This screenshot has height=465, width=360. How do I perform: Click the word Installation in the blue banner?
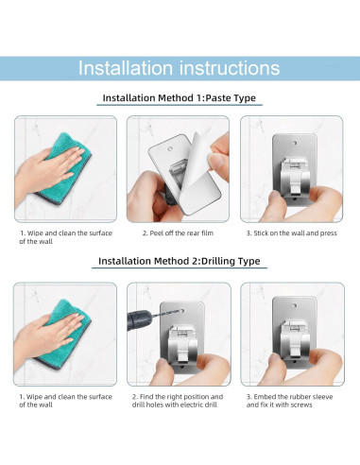126,68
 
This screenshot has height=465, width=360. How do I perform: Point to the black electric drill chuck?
140,319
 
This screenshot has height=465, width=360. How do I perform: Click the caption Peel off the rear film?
178,233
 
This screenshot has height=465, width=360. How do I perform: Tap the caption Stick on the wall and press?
292,233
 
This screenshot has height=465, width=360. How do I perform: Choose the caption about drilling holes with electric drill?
178,401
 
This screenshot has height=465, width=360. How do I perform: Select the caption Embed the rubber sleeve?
289,401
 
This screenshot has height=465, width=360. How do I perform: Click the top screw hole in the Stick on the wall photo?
295,143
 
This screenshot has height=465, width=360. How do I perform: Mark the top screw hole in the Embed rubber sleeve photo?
295,305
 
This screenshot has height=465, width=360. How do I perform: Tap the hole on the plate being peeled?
170,147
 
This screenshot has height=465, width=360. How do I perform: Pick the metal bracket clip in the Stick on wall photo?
295,176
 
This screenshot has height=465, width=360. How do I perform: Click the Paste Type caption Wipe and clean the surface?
65,237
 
